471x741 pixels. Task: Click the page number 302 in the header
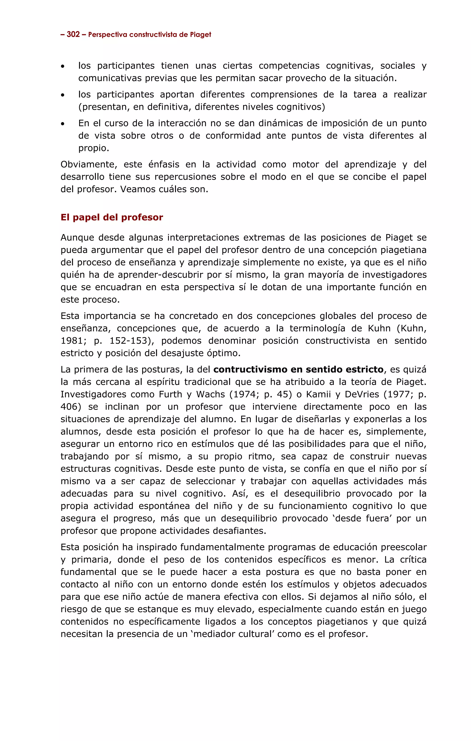[x=73, y=35]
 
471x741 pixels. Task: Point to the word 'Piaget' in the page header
[x=200, y=35]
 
